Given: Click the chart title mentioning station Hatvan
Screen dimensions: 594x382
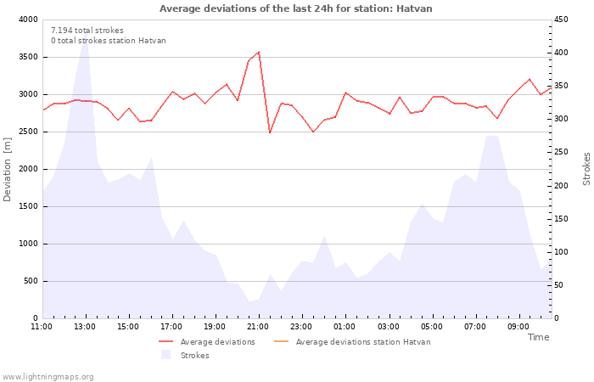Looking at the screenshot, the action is (295, 8).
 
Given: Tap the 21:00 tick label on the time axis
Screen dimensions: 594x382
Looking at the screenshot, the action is (258, 327).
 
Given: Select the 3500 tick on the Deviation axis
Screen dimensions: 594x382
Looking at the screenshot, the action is (28, 57).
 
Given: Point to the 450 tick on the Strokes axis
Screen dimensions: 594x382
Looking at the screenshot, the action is (561, 20).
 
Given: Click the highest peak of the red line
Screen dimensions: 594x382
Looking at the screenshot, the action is (259, 52).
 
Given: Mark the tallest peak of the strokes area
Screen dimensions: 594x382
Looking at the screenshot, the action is (86, 32).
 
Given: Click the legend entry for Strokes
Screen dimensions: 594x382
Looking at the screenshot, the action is (185, 355).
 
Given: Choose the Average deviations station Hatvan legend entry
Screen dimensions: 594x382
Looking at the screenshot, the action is (352, 342).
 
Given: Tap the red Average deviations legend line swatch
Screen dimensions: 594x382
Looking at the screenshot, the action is (166, 341).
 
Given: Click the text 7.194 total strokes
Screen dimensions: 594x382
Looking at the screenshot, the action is (87, 31).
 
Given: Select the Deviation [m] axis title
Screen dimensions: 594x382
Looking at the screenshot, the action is (7, 170).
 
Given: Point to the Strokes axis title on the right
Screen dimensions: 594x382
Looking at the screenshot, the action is (586, 169).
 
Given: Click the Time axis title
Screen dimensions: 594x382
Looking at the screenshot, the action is (538, 337).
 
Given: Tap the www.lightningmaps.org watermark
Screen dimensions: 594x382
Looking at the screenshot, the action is (48, 377).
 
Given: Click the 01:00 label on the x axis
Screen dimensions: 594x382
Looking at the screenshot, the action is (345, 327).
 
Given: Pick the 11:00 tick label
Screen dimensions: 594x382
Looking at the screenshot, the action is (42, 327).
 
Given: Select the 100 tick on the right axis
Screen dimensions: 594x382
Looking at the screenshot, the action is (561, 252).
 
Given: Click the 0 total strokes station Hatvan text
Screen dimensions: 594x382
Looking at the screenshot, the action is (109, 41).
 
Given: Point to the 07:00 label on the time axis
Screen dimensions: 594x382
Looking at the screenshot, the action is (475, 327).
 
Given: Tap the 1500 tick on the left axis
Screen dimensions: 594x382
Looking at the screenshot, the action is (28, 206).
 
